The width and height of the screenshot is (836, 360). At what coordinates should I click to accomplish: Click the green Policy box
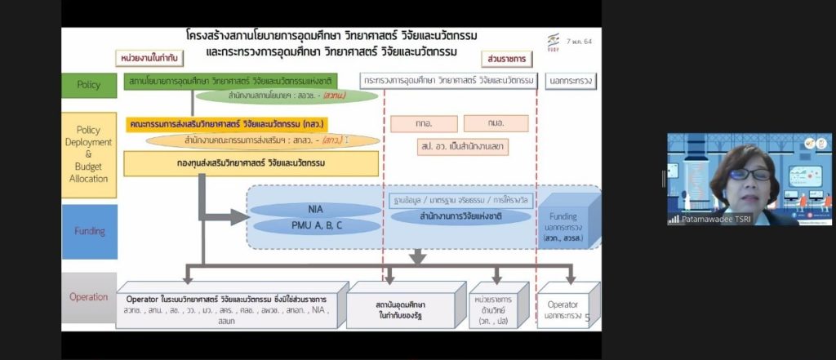(x=89, y=85)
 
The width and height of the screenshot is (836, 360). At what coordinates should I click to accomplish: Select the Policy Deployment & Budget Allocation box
(x=89, y=155)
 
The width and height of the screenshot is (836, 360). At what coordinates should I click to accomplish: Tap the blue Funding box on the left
(x=89, y=231)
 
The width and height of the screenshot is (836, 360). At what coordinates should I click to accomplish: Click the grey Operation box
(x=89, y=297)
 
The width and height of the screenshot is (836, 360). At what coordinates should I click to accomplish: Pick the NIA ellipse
(x=315, y=209)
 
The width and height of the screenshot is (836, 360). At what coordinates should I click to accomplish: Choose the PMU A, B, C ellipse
(x=315, y=224)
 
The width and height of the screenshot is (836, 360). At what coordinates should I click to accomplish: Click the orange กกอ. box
(x=423, y=123)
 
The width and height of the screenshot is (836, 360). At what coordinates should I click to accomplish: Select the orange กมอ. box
(x=496, y=123)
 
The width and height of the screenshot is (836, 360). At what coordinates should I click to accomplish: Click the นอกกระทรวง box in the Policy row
(x=570, y=81)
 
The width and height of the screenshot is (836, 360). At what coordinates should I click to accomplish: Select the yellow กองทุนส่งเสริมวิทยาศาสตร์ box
(x=251, y=164)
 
